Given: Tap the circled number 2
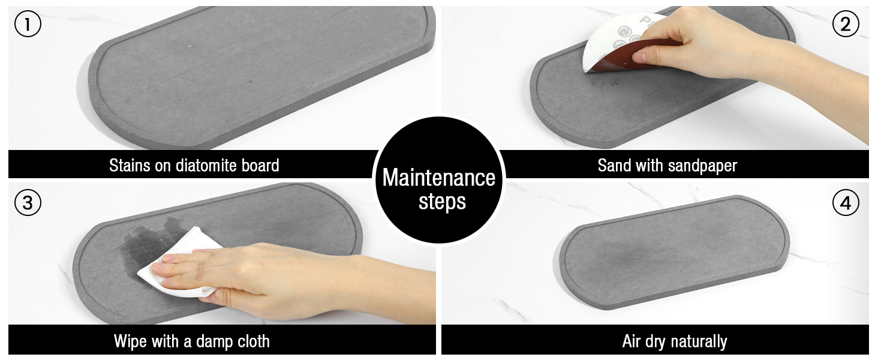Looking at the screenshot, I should [846, 25].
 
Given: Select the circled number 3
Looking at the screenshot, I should [28, 203].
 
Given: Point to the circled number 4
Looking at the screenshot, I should [846, 203].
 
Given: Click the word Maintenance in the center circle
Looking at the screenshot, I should [439, 178].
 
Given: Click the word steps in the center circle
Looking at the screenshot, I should [442, 202].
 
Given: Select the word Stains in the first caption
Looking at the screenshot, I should [130, 165].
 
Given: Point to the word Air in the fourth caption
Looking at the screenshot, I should [632, 341].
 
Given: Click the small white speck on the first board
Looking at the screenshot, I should [189, 46].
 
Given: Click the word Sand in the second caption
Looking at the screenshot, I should [612, 165].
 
